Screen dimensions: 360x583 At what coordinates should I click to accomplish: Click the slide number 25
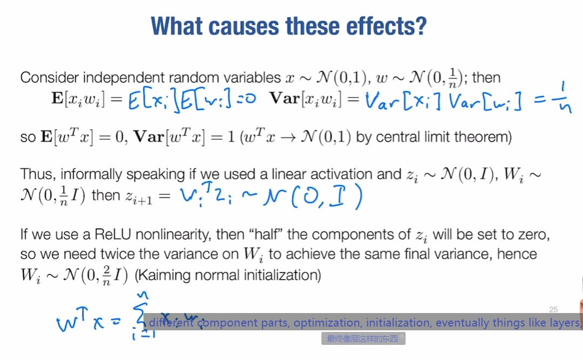[553, 309]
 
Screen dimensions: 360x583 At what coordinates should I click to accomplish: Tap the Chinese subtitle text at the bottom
[363, 339]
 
